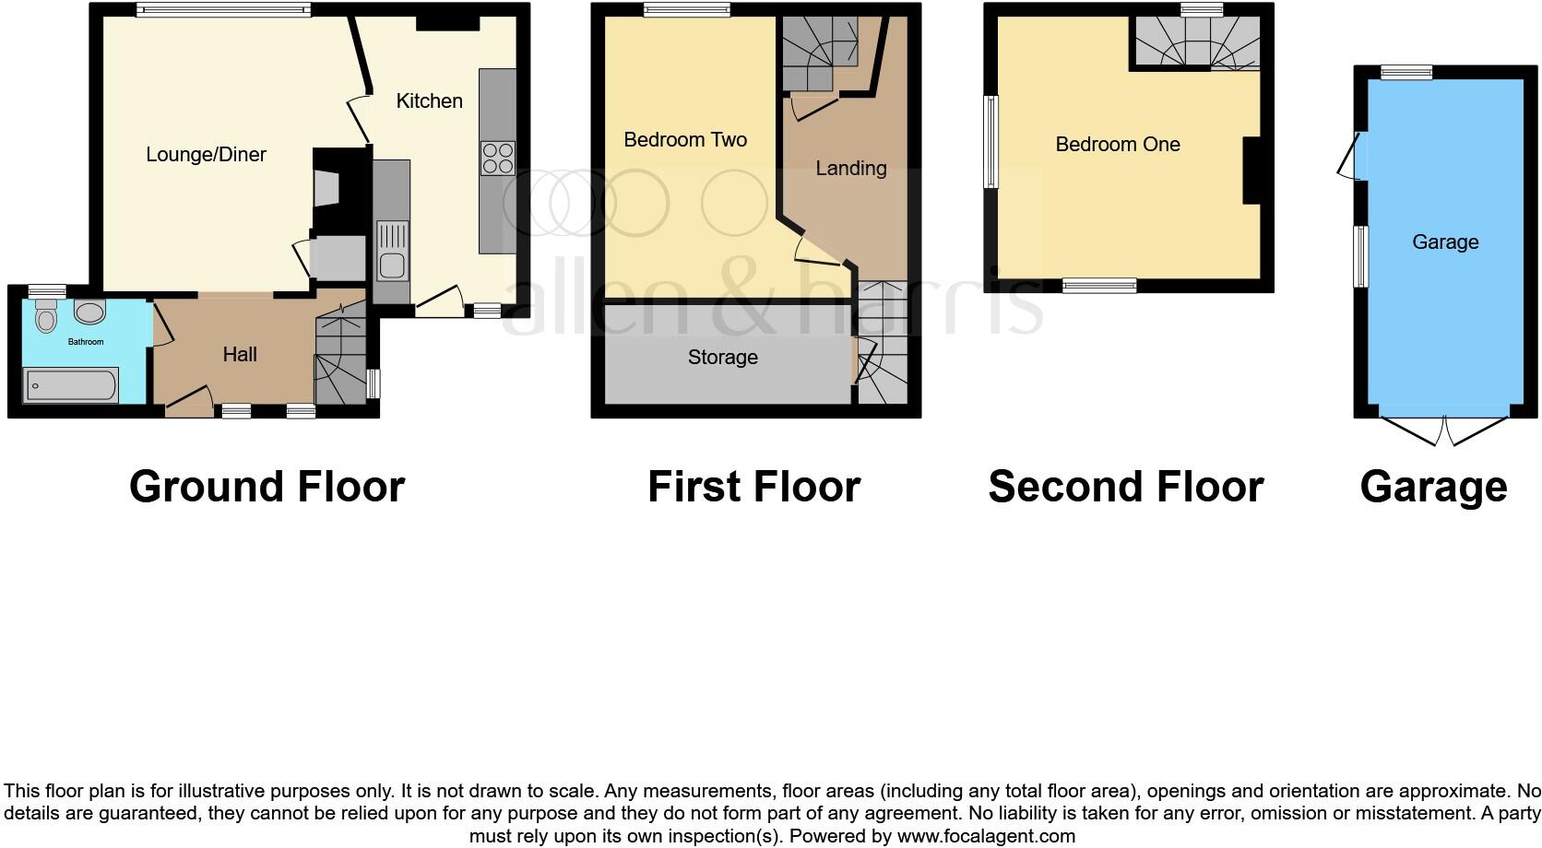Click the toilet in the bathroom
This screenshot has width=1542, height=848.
(x=46, y=316)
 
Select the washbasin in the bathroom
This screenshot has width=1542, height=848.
(x=89, y=312)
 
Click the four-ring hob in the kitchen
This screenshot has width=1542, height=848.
(x=497, y=158)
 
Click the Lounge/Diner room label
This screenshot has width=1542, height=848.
(x=206, y=155)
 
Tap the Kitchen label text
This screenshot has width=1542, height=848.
(x=429, y=101)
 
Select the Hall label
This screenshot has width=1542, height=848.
(x=240, y=355)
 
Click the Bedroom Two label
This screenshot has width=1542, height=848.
(x=685, y=140)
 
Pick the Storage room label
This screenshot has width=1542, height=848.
(x=723, y=358)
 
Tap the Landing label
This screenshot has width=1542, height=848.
(x=850, y=169)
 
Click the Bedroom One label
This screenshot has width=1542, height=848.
(x=1118, y=145)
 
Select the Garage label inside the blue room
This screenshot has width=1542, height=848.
(x=1445, y=242)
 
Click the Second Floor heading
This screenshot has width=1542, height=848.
(x=1125, y=487)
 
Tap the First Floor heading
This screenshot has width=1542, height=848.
(x=753, y=487)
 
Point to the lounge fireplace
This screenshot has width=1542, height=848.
(x=327, y=189)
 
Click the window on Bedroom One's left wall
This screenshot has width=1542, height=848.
(x=991, y=142)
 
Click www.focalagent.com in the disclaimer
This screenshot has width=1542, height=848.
(x=986, y=837)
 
